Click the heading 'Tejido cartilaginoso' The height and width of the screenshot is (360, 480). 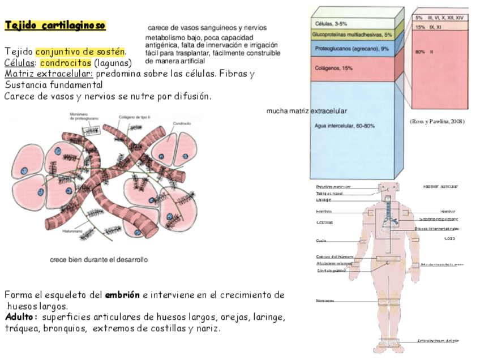55,25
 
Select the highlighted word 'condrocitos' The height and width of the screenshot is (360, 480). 66,63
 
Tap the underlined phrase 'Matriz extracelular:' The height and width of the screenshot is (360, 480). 49,74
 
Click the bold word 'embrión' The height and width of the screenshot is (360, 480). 122,295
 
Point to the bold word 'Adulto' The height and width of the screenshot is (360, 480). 20,317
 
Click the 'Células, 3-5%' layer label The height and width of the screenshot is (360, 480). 332,24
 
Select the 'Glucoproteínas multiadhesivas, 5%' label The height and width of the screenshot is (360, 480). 352,35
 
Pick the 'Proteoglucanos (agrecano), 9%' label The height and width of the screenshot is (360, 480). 352,49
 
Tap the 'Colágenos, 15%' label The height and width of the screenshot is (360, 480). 334,68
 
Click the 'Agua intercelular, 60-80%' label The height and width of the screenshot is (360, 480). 345,126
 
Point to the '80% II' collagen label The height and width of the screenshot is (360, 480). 424,52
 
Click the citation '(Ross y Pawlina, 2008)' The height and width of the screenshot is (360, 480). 436,122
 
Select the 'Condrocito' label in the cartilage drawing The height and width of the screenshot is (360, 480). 182,123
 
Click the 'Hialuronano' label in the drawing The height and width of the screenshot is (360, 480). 81,231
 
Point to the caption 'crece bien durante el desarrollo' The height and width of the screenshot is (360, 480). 99,260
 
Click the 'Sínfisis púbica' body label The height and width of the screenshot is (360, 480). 331,271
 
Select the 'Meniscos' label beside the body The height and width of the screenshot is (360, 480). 325,301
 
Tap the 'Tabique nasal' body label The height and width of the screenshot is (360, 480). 329,193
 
